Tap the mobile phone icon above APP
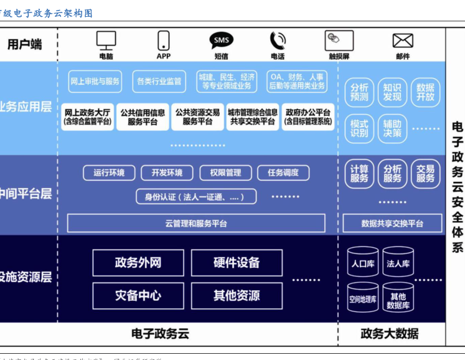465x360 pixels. (163, 40)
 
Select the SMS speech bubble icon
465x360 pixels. (221, 41)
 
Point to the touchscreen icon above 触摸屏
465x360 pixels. (339, 40)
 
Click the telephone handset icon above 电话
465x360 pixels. (277, 40)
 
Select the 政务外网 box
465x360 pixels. (138, 263)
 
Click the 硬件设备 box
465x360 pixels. (237, 263)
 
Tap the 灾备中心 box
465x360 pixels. (138, 295)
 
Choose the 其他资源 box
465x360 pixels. (237, 295)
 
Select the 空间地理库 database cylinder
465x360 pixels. (362, 299)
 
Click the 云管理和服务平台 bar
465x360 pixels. (196, 223)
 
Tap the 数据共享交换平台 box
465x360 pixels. (392, 223)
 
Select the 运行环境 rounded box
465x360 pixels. (109, 173)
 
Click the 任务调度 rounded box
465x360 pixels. (283, 173)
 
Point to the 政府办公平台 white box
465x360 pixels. (308, 117)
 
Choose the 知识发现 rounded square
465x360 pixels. (392, 93)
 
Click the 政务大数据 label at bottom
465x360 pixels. (390, 334)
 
